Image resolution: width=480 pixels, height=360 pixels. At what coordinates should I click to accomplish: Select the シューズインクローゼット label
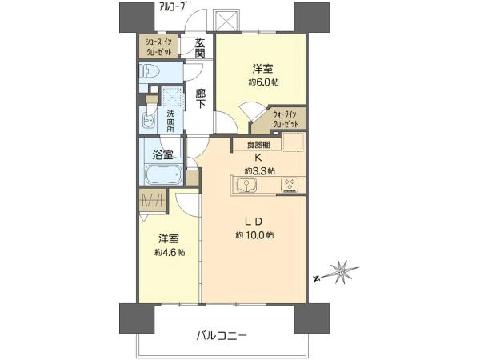[158, 46]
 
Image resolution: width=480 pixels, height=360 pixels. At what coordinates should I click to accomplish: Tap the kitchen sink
[248, 186]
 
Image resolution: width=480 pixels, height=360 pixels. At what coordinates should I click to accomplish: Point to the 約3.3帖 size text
[259, 170]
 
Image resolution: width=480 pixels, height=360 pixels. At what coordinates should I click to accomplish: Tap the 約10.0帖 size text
[254, 236]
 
